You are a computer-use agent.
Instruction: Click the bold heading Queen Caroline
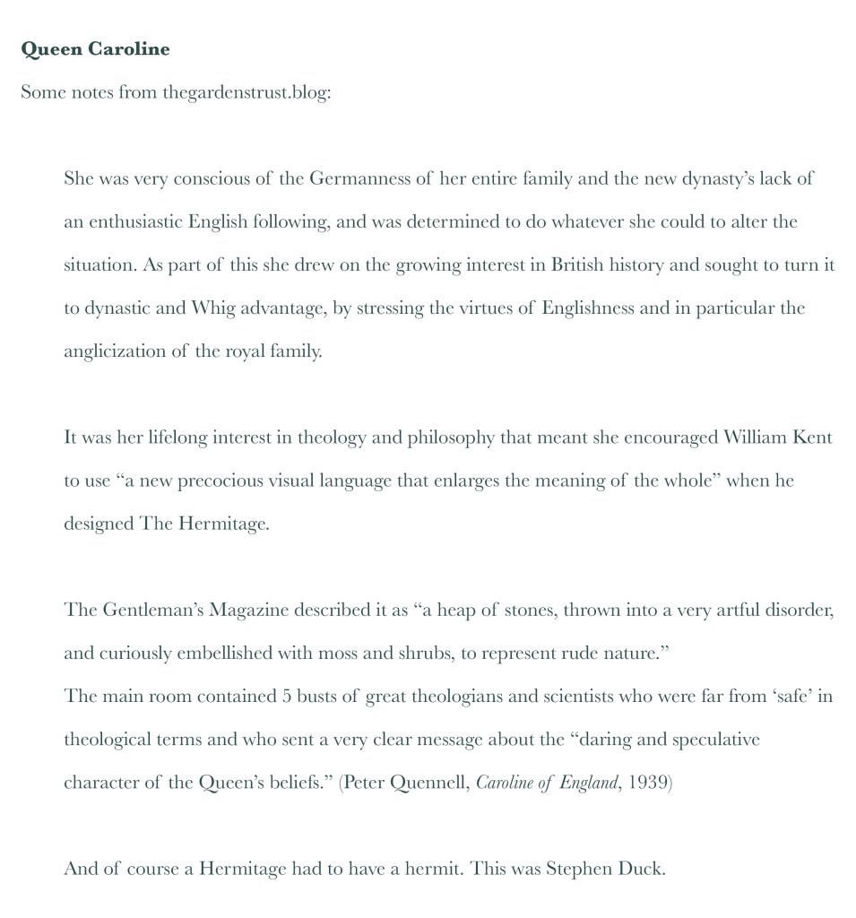tap(95, 49)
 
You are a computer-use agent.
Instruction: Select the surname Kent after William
tap(813, 438)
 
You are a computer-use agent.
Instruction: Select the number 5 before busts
tap(287, 697)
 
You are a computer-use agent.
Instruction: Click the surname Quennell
tap(430, 783)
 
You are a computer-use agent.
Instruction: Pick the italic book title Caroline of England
tap(547, 783)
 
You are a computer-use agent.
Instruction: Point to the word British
tap(576, 265)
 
